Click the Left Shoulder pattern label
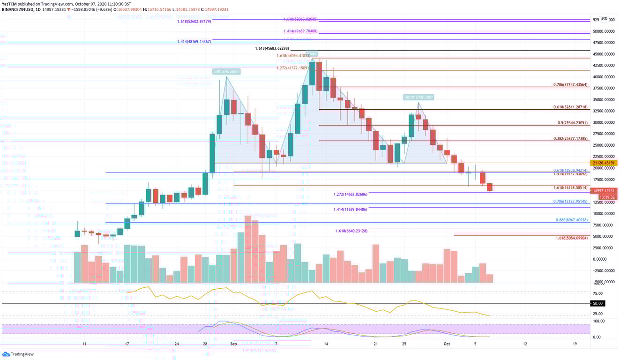226,71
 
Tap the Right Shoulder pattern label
418,97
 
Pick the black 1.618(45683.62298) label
273,48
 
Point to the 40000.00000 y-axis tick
604,77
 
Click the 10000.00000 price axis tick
604,214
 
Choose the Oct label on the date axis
447,343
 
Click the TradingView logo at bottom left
19,354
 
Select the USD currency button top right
604,19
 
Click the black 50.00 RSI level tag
598,303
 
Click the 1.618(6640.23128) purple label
351,231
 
